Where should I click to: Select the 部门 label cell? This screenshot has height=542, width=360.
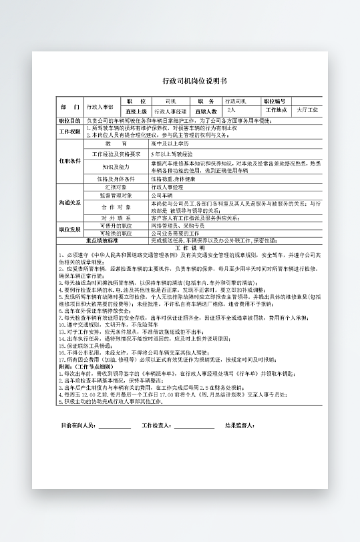(x=70, y=107)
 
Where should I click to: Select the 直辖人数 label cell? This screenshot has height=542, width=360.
(x=206, y=111)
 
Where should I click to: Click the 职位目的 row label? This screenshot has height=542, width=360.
(x=69, y=120)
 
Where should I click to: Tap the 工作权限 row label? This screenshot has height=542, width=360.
(x=69, y=131)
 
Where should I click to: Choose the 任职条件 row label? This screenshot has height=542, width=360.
(x=69, y=161)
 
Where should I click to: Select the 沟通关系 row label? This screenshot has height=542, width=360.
(x=69, y=202)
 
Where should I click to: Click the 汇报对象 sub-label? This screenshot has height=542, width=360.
(x=117, y=188)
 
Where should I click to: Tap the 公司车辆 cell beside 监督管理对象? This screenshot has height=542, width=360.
(x=162, y=195)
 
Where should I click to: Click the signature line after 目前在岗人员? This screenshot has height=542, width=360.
(x=114, y=426)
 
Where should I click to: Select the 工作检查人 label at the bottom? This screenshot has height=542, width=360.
(x=158, y=425)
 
